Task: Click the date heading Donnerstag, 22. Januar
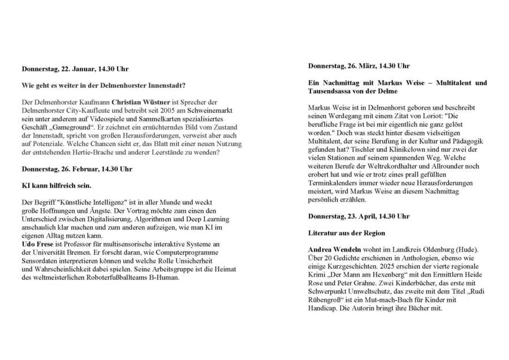(x=75, y=69)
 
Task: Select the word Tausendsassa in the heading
(x=333, y=91)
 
